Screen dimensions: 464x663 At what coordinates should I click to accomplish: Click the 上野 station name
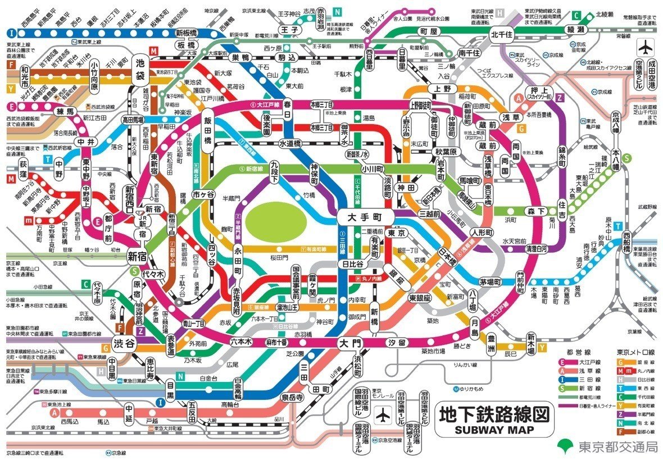(x=435, y=88)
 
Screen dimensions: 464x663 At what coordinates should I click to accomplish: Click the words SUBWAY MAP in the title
(x=493, y=430)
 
